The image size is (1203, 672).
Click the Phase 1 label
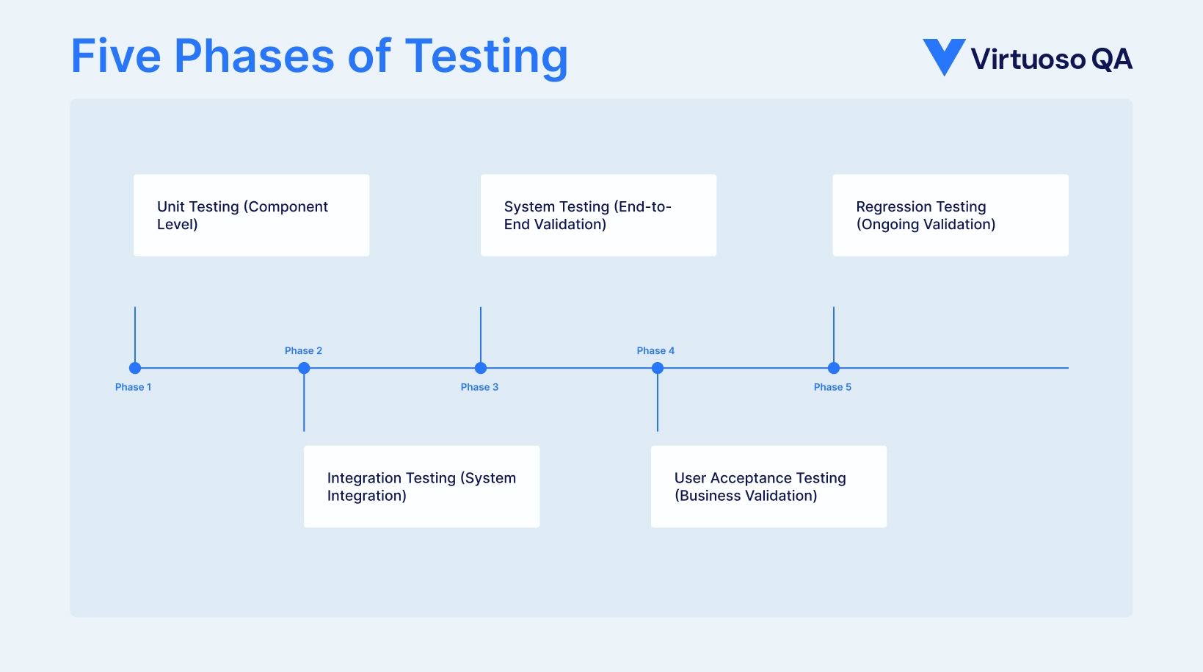pyautogui.click(x=133, y=387)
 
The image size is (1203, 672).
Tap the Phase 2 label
pyautogui.click(x=303, y=351)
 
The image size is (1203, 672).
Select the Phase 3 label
pyautogui.click(x=479, y=387)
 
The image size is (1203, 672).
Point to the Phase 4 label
pyautogui.click(x=655, y=351)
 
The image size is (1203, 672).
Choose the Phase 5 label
pyautogui.click(x=832, y=387)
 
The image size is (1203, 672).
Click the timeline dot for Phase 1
pyautogui.click(x=135, y=368)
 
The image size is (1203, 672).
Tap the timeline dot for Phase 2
pyautogui.click(x=304, y=368)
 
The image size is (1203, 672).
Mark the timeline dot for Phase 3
pyautogui.click(x=481, y=368)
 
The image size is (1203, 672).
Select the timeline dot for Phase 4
pyautogui.click(x=658, y=368)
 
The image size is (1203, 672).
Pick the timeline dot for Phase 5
pyautogui.click(x=834, y=368)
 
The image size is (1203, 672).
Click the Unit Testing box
pyautogui.click(x=251, y=215)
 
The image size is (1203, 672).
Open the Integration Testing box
pyautogui.click(x=421, y=486)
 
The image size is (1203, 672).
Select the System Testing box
pyautogui.click(x=598, y=215)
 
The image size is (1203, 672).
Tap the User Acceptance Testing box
pyautogui.click(x=768, y=486)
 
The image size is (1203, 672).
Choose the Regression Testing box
pyautogui.click(x=950, y=215)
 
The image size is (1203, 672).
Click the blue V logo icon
pyautogui.click(x=943, y=56)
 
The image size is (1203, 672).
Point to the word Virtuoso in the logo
pyautogui.click(x=1028, y=59)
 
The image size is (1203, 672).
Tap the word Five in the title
pyautogui.click(x=115, y=57)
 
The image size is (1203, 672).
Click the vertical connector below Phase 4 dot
pyautogui.click(x=658, y=404)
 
